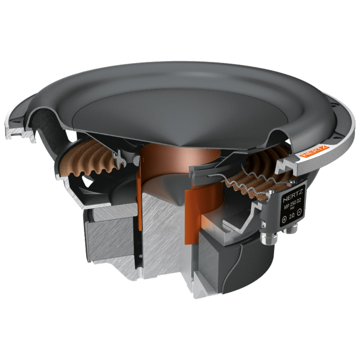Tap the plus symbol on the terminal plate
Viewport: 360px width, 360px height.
(x=284, y=219)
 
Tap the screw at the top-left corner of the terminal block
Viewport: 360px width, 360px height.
(x=271, y=191)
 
